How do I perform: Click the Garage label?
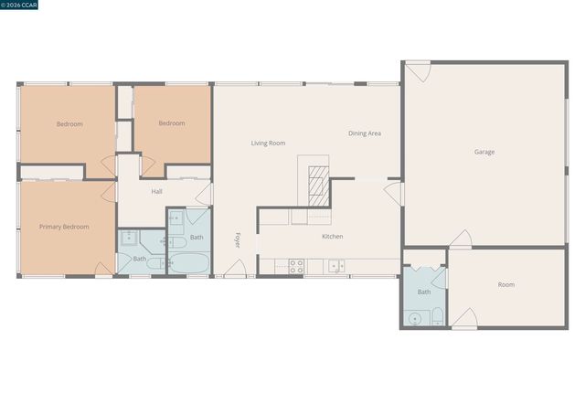484,152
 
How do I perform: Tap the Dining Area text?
364,133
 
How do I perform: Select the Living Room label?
269,143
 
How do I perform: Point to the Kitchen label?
332,237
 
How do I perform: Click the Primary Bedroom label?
64,226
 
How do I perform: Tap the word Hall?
156,191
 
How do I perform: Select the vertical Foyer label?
238,240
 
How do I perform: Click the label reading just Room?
505,285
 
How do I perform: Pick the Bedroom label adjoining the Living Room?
171,123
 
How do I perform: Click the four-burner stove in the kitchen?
296,266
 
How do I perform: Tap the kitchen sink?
336,266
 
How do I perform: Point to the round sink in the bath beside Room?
417,319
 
